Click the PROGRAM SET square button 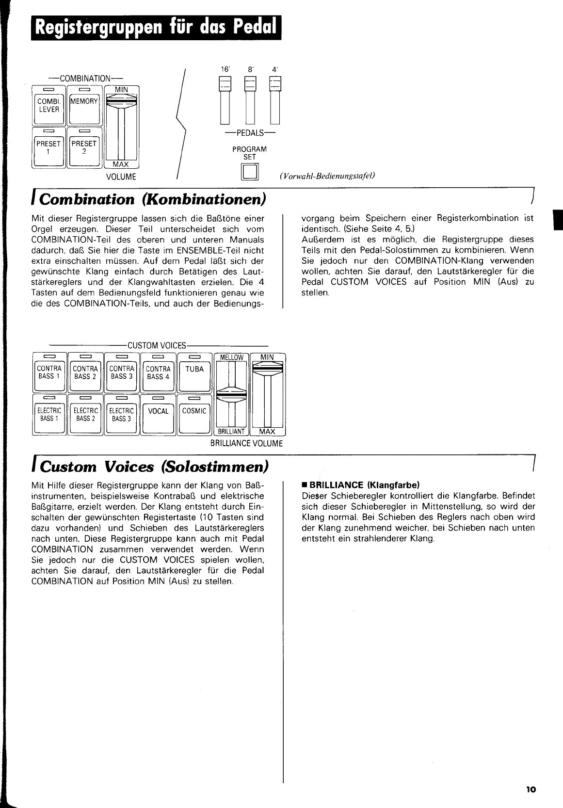click(x=249, y=172)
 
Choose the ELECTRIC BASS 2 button click(x=85, y=415)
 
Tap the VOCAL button click(x=158, y=415)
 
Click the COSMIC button click(x=194, y=415)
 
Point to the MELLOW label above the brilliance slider click(x=232, y=357)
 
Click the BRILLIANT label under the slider click(x=231, y=431)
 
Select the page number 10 click(x=531, y=790)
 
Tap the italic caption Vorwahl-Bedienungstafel click(x=327, y=176)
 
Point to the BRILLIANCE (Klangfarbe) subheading click(x=361, y=485)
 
